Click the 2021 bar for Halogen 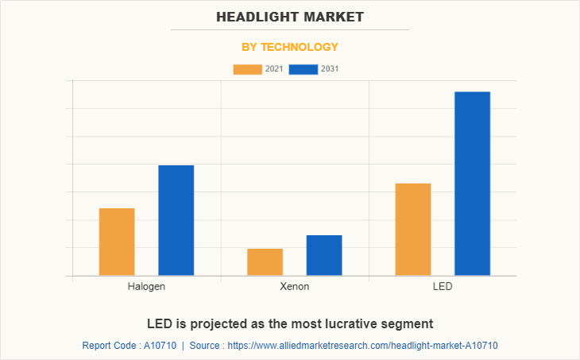117,242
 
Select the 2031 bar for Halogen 176,220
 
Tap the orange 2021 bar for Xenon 265,262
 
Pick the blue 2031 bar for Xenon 324,255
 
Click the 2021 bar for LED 413,230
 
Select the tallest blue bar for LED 472,184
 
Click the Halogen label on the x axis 146,286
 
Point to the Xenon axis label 295,286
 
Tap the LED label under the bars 443,286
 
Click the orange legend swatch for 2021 247,69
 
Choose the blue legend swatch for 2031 304,69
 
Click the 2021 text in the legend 274,69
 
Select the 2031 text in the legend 331,69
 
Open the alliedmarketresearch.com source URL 362,346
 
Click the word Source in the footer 206,346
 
